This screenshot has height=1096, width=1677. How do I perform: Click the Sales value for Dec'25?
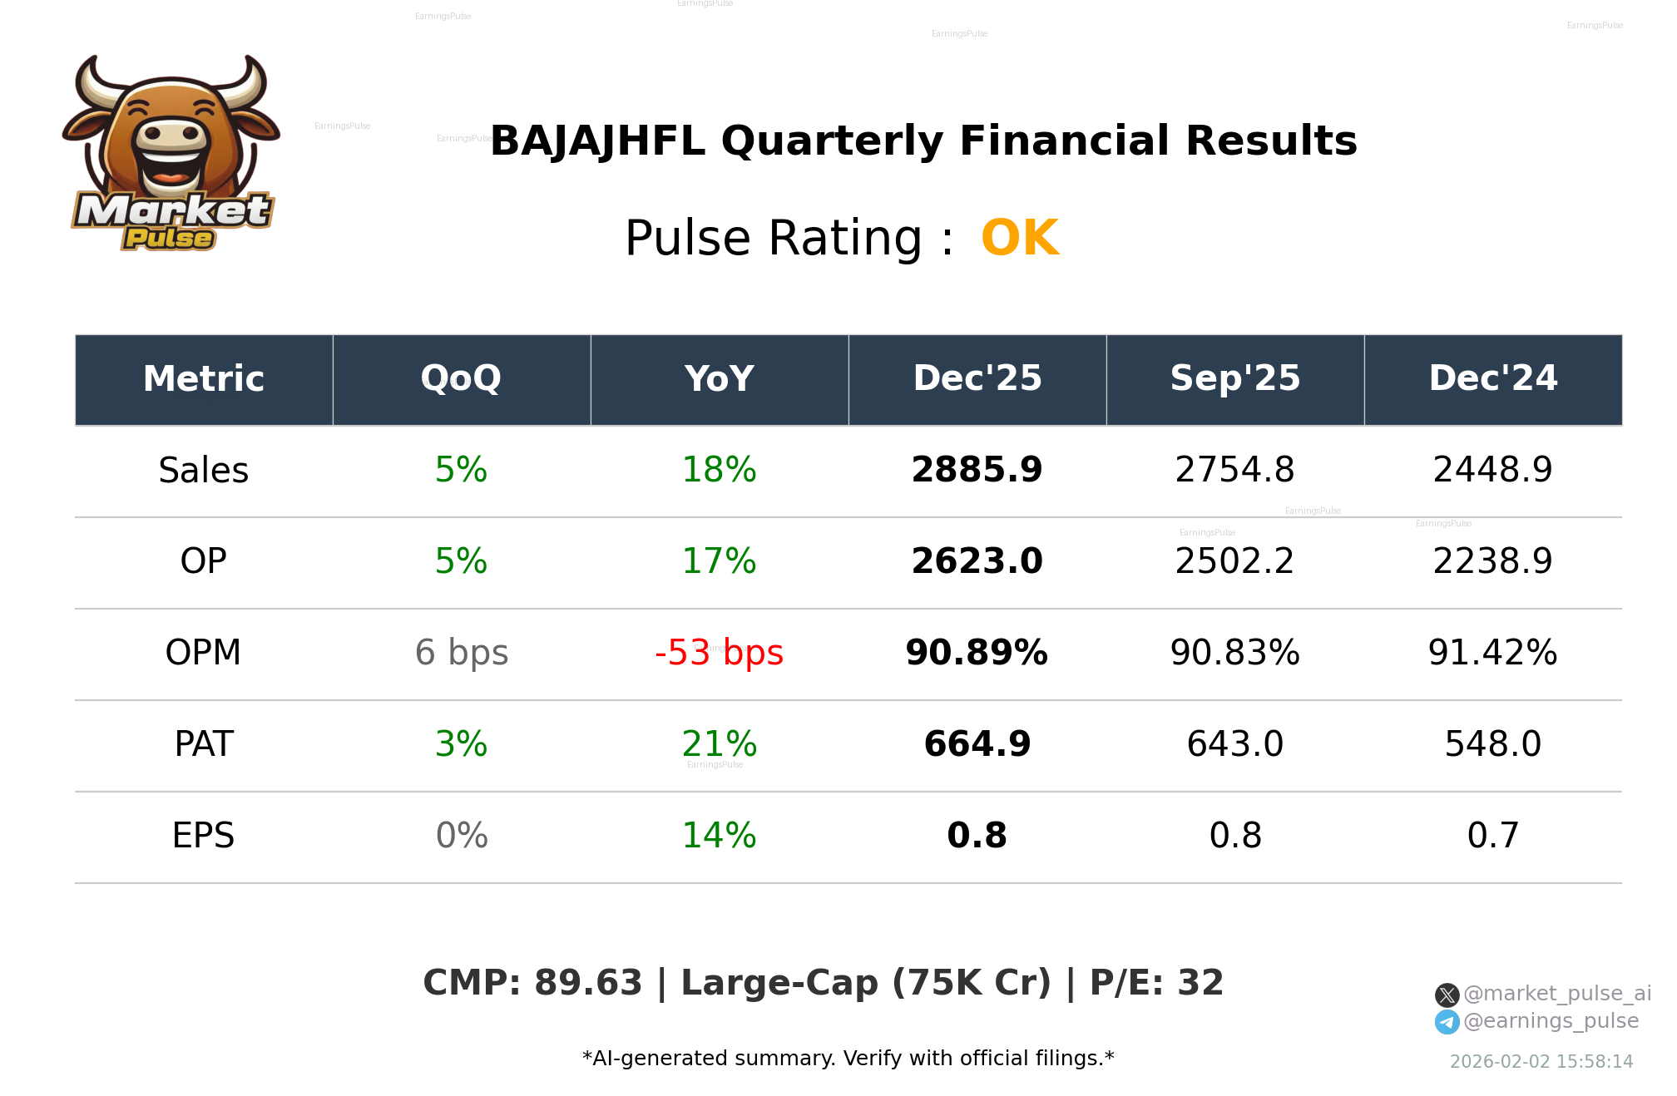[977, 470]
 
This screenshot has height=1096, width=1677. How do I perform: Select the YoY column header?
[720, 379]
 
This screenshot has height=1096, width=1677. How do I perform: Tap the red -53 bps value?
[719, 653]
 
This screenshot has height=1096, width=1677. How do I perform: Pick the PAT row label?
[204, 744]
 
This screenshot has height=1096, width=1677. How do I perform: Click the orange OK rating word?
[1020, 239]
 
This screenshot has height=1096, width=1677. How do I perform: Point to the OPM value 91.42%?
[1492, 653]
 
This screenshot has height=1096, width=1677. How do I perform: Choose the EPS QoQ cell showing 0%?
[462, 836]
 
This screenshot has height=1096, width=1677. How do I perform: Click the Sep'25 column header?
[1234, 379]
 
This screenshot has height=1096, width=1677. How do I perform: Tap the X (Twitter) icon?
[1447, 995]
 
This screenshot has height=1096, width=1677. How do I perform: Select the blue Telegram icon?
[1447, 1022]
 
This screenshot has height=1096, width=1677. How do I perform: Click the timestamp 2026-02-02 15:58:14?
[1541, 1062]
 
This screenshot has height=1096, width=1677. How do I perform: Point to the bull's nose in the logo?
[171, 135]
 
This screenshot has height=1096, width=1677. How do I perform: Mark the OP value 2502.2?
[1234, 561]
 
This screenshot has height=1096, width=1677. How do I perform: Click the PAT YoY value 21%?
[719, 744]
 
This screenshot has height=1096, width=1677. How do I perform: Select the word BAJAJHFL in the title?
[597, 141]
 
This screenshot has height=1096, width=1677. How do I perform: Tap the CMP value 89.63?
[588, 983]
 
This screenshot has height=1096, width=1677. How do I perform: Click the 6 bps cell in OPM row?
[462, 653]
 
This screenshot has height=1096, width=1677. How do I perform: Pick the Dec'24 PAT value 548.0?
[1492, 744]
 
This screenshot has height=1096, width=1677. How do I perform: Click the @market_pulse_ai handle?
[1556, 994]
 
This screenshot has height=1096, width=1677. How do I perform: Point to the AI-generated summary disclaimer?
[848, 1059]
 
